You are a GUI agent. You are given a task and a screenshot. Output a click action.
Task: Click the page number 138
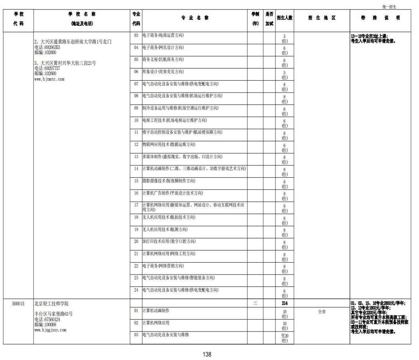click(207, 354)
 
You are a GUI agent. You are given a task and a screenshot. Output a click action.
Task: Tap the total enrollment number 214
click(285, 303)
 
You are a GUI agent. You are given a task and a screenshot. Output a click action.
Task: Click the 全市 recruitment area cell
click(322, 312)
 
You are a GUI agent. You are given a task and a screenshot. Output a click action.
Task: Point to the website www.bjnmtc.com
click(49, 79)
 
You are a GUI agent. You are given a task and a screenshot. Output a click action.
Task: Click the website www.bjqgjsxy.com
click(50, 330)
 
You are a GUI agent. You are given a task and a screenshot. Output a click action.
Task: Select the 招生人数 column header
click(285, 18)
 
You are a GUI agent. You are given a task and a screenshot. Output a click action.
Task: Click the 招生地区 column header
click(322, 18)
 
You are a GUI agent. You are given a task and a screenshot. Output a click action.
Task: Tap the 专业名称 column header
click(195, 18)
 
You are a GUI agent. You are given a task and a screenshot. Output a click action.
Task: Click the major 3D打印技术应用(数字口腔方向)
click(168, 241)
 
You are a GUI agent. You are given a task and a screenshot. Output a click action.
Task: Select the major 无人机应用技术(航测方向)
click(165, 229)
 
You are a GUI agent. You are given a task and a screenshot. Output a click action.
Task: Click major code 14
click(136, 169)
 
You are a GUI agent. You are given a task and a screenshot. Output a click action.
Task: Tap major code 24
click(136, 290)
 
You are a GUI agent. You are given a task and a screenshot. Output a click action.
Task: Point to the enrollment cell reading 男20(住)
click(285, 338)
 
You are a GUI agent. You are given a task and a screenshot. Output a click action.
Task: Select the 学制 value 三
click(255, 303)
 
